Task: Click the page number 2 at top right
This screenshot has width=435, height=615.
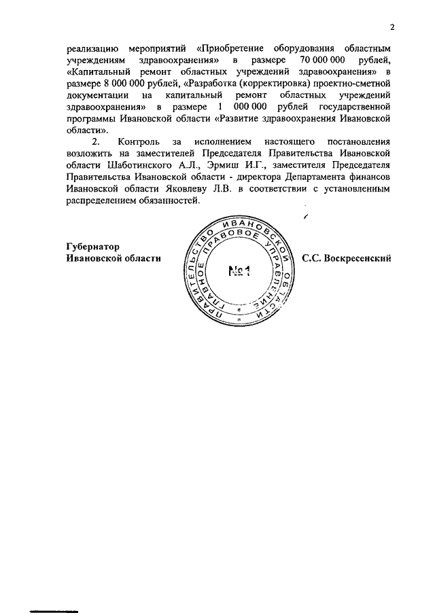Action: (392, 28)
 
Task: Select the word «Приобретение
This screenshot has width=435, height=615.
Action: (232, 50)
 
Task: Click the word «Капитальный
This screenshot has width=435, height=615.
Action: (102, 72)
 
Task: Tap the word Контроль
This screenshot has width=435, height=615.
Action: (140, 141)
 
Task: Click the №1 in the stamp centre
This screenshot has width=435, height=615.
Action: (237, 272)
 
